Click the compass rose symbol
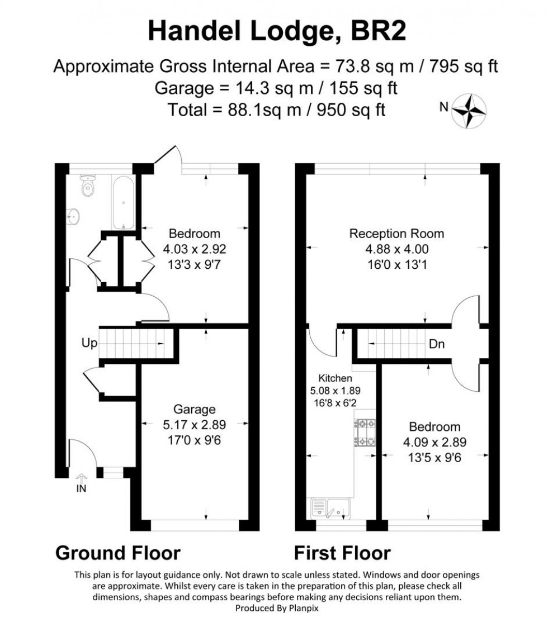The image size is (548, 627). (x=469, y=108)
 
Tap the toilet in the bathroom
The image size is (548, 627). (x=88, y=187)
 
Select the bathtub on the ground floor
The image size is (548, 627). (x=122, y=203)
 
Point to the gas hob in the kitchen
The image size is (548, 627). (x=366, y=433)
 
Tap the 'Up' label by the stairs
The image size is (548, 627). (x=89, y=343)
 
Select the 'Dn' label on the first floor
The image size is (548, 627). (x=437, y=344)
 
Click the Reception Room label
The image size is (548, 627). (x=396, y=234)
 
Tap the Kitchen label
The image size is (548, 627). (x=335, y=378)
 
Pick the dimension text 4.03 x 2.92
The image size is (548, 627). (x=195, y=249)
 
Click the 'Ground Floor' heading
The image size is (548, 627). (x=118, y=553)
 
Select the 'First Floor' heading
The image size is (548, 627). (x=342, y=553)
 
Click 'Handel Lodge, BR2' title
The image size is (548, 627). (x=276, y=32)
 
